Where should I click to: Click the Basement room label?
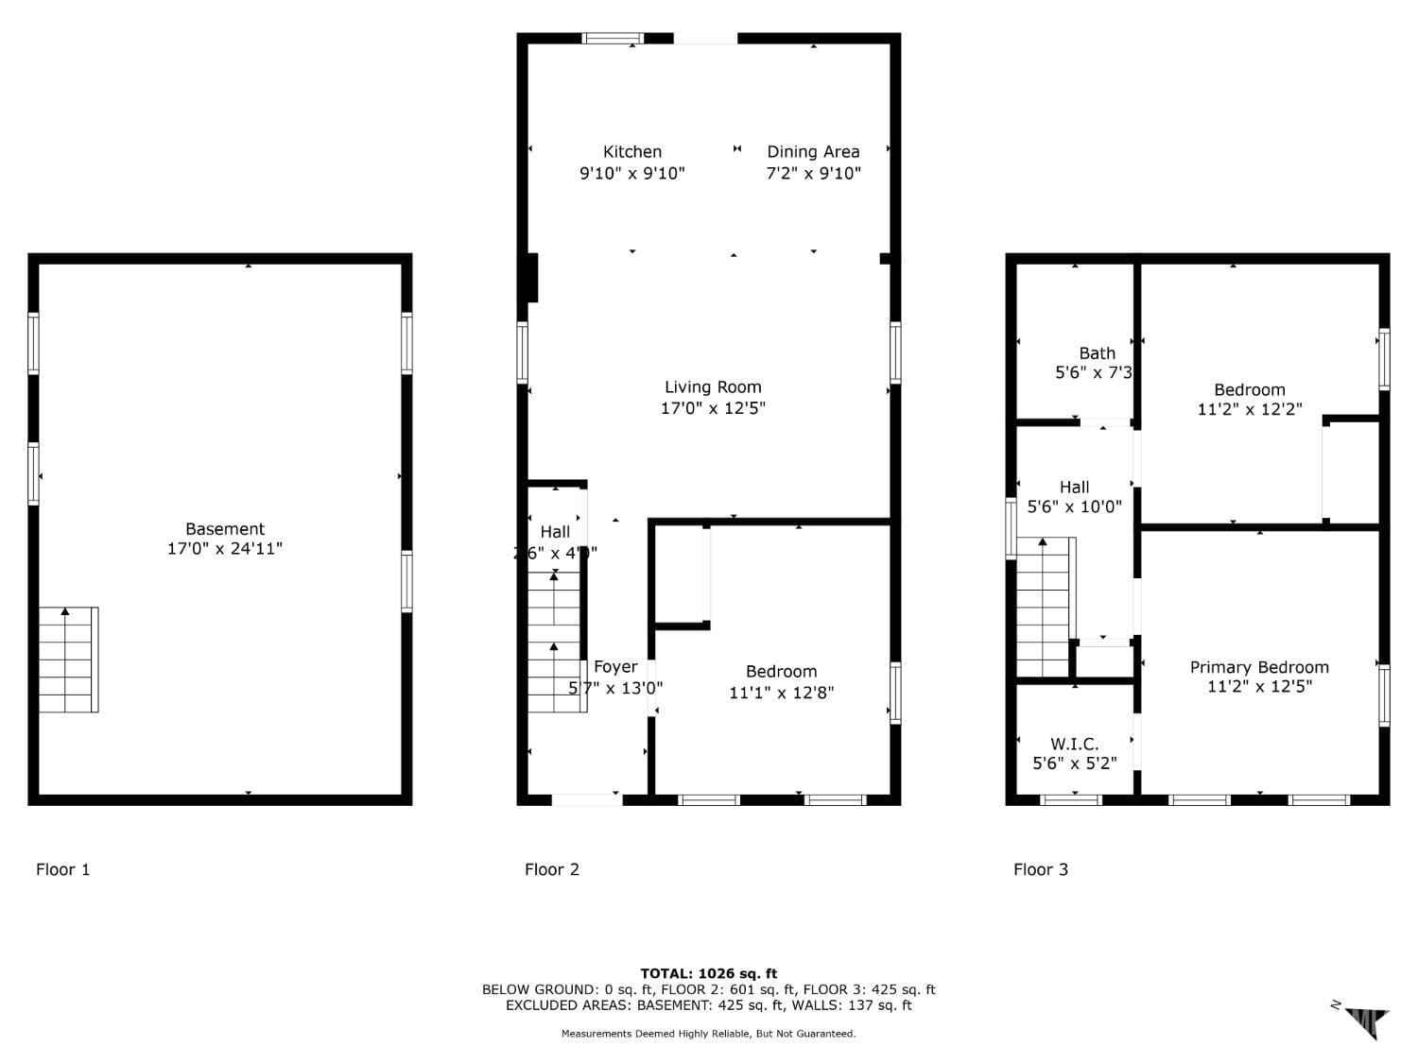(x=225, y=529)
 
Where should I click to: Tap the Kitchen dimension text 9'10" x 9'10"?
(x=631, y=173)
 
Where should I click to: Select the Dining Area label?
(x=813, y=151)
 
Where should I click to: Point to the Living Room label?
(x=713, y=386)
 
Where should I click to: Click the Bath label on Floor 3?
(x=1097, y=353)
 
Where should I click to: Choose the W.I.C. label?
(x=1074, y=745)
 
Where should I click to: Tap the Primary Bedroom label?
(x=1259, y=667)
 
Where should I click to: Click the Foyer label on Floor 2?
(x=615, y=667)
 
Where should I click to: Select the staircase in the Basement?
(x=68, y=660)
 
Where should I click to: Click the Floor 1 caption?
(x=63, y=869)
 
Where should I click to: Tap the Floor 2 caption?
(x=552, y=869)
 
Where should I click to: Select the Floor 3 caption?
(x=1041, y=869)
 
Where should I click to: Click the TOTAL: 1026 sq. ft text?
(x=709, y=973)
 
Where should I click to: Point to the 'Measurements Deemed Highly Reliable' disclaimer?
(x=709, y=1034)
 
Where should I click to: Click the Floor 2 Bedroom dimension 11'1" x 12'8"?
(x=781, y=693)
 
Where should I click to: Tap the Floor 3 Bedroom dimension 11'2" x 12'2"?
(x=1250, y=409)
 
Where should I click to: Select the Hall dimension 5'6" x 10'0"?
(x=1074, y=506)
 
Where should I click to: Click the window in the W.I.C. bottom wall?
(x=1071, y=800)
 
